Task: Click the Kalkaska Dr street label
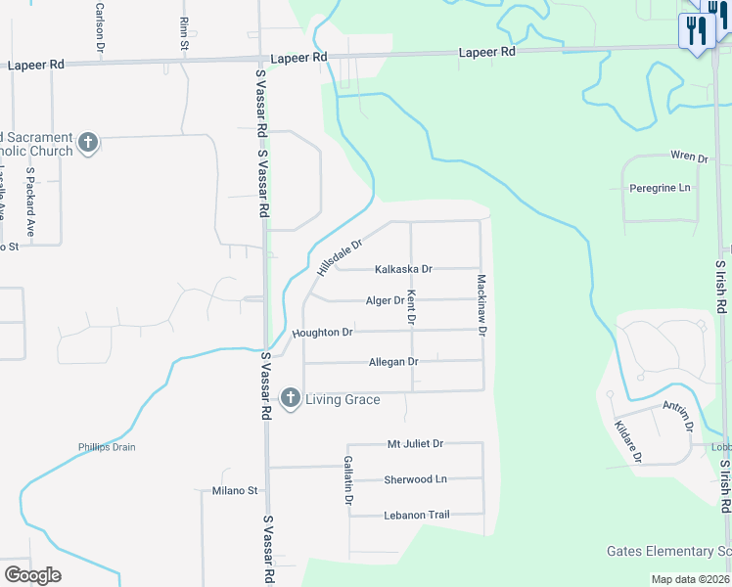click(x=403, y=269)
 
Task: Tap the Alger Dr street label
click(x=385, y=301)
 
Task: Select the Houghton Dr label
click(x=322, y=333)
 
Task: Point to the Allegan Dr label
click(x=393, y=362)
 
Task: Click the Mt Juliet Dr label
click(x=415, y=444)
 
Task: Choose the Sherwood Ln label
click(x=415, y=479)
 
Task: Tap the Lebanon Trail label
click(x=416, y=515)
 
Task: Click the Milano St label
click(x=235, y=491)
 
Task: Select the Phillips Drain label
click(x=107, y=447)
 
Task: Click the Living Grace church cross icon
click(x=290, y=398)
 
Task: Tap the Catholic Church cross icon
click(x=88, y=143)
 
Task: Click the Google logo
click(x=32, y=575)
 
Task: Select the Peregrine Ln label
click(x=660, y=188)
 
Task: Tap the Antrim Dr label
click(x=676, y=417)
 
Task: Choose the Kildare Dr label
click(x=627, y=439)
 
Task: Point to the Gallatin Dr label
click(x=347, y=479)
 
